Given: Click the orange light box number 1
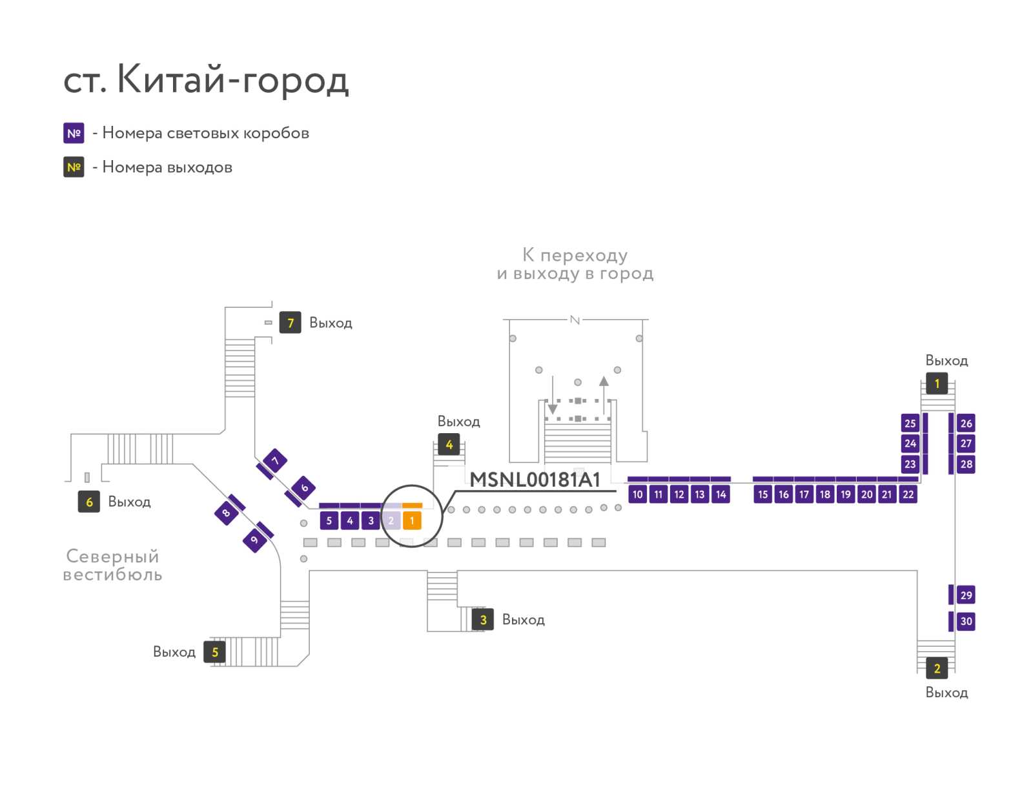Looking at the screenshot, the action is pos(412,521).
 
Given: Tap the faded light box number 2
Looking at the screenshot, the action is pos(391,521).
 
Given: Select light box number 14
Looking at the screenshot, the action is pos(721,494).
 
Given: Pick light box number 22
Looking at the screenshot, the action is pos(908,494).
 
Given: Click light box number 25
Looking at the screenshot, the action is pos(910,423).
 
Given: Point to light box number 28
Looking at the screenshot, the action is pos(966,464).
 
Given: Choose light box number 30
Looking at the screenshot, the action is pos(966,621).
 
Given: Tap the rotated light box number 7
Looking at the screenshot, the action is pos(275,461).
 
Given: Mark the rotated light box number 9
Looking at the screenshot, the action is pos(254,540).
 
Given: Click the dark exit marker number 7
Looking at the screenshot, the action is pos(290,323).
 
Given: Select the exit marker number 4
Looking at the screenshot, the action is pos(449,445).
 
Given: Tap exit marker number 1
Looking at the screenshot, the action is pos(937,383).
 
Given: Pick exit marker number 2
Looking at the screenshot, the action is pos(937,668).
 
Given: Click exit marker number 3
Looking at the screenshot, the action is pos(483,620).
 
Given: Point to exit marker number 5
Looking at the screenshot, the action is pos(214,652).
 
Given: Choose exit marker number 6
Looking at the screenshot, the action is pos(89,502).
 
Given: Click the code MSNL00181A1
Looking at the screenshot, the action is pos(535,480).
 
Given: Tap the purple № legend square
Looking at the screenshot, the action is pos(74,133).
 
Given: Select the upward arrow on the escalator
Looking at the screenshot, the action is pos(604,395).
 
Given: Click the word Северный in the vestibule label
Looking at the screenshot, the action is pos(112,556).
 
